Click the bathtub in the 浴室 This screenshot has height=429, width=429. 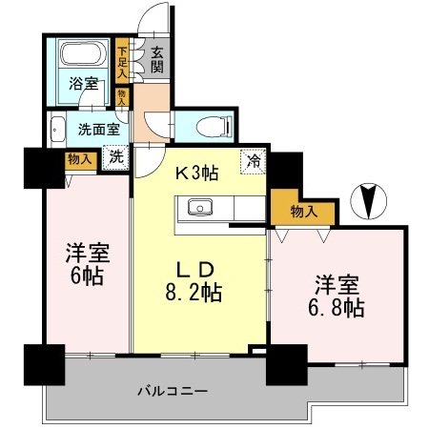point(83,52)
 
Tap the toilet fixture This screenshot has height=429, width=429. point(214,127)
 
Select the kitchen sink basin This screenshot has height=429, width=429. point(200,207)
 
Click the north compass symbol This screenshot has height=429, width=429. point(368,201)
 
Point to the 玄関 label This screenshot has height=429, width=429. point(157,60)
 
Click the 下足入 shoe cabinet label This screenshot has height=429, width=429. point(122,63)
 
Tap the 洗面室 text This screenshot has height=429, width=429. point(99,130)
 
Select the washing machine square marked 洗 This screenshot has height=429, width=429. point(115,156)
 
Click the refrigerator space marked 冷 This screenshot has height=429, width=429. point(254,161)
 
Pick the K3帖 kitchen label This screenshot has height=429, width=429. point(197,174)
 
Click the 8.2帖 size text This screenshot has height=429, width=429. point(194,292)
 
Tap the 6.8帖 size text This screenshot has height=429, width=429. point(337,308)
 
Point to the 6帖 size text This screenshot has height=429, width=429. point(87,276)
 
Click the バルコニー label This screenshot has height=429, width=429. point(173,391)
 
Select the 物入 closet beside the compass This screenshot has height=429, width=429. point(304,212)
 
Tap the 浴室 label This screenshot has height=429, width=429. point(83,84)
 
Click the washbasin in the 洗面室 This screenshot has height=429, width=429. point(57,130)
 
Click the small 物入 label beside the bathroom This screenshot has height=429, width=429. point(122,97)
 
